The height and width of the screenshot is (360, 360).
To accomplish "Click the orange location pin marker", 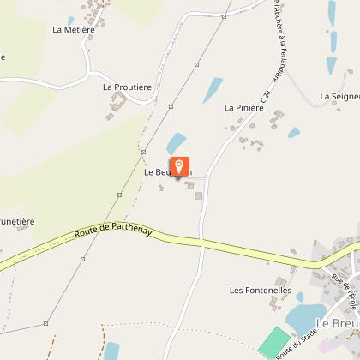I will pos(180,167).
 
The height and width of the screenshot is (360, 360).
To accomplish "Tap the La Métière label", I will pos(73,29).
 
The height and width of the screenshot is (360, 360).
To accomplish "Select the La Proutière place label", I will pos(126,87).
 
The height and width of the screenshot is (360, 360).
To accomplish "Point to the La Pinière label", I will pos(243,108).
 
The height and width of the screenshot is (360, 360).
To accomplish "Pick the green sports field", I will pos(275,342).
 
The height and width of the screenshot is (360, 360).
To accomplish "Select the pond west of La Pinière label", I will pos(212,89).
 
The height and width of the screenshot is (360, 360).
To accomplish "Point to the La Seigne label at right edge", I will pos(339,97).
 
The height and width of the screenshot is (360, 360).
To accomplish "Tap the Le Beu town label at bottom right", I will pos(336,323).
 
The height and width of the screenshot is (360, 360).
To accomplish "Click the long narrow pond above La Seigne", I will pos(331,12).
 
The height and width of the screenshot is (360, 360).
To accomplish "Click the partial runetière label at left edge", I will pos(17,221).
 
